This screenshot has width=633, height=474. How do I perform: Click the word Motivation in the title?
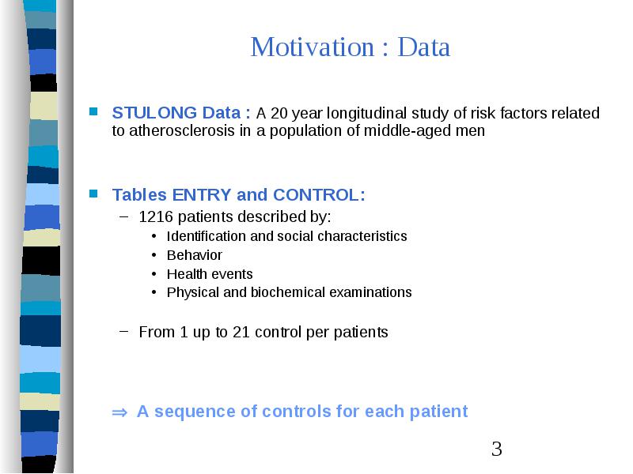click(313, 47)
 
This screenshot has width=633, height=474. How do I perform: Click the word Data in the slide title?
click(424, 47)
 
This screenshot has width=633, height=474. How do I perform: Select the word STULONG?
click(154, 113)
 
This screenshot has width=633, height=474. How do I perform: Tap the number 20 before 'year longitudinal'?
click(279, 113)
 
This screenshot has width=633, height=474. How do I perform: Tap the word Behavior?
click(194, 255)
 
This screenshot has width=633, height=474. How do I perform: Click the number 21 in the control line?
click(241, 332)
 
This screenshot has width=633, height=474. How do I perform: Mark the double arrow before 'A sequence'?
click(119, 412)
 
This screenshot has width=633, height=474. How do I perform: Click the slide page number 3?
click(497, 449)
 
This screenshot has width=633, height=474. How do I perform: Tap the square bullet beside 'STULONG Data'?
click(93, 111)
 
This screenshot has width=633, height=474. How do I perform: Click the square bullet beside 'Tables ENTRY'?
click(93, 194)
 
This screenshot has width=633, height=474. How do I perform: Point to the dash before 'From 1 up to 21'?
click(124, 331)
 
